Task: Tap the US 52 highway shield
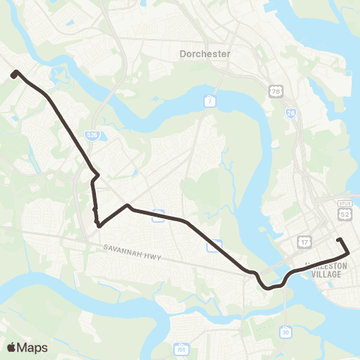click(345, 214)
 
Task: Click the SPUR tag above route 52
click(345, 204)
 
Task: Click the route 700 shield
click(181, 349)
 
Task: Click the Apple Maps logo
click(26, 347)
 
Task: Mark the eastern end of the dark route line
click(340, 240)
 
